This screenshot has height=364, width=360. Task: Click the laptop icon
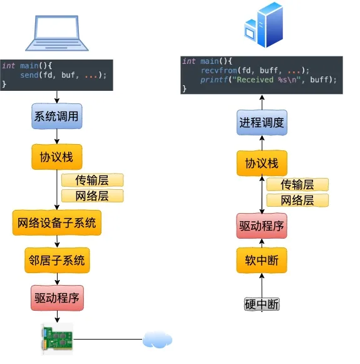pyautogui.click(x=56, y=33)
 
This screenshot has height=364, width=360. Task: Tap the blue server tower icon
pyautogui.click(x=264, y=24)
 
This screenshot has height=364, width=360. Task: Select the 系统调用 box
pyautogui.click(x=57, y=116)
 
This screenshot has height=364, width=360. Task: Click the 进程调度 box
pyautogui.click(x=262, y=122)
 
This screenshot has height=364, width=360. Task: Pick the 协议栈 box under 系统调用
pyautogui.click(x=57, y=157)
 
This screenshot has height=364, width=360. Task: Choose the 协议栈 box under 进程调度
pyautogui.click(x=262, y=163)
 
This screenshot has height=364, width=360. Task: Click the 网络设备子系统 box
pyautogui.click(x=57, y=222)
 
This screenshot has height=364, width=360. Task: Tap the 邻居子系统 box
pyautogui.click(x=57, y=260)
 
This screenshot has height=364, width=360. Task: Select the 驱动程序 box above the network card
pyautogui.click(x=57, y=298)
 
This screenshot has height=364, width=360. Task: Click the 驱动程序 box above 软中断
pyautogui.click(x=262, y=226)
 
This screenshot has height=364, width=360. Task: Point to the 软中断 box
pyautogui.click(x=262, y=260)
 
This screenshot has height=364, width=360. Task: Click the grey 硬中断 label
pyautogui.click(x=262, y=304)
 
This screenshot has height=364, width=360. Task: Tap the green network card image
pyautogui.click(x=57, y=339)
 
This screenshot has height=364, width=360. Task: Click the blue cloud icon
pyautogui.click(x=158, y=340)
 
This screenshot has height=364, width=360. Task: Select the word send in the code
pyautogui.click(x=29, y=75)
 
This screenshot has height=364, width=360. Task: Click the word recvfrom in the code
pyautogui.click(x=219, y=70)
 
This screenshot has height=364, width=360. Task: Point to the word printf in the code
pyautogui.click(x=214, y=80)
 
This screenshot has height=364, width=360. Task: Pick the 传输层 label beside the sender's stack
pyautogui.click(x=92, y=180)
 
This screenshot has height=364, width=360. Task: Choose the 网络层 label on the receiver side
pyautogui.click(x=297, y=200)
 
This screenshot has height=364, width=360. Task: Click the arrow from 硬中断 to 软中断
pyautogui.click(x=262, y=285)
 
